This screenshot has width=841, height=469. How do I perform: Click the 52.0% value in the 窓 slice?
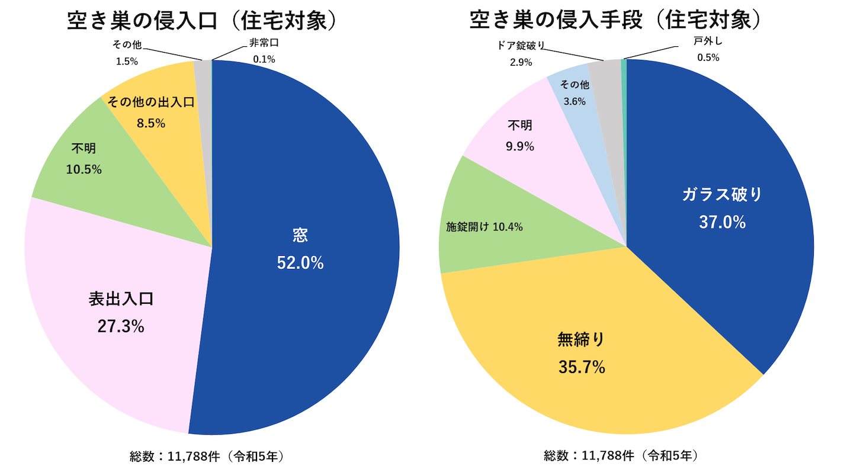coord(300,264)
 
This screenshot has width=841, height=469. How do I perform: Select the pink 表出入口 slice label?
coord(121,298)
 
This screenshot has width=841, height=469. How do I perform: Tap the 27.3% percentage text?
coord(121,326)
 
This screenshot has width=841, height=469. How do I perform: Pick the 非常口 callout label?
coord(264,44)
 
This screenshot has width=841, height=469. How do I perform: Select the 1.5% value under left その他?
coord(126,60)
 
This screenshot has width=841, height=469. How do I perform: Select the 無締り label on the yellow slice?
coord(582,339)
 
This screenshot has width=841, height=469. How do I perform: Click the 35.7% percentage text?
coord(582,367)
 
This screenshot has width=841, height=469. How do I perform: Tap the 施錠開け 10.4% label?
coord(484,227)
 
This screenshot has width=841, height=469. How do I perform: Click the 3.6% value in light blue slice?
coord(574,101)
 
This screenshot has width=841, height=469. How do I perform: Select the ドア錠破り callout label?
coord(521,46)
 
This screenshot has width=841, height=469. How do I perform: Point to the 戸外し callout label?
coord(708,43)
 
